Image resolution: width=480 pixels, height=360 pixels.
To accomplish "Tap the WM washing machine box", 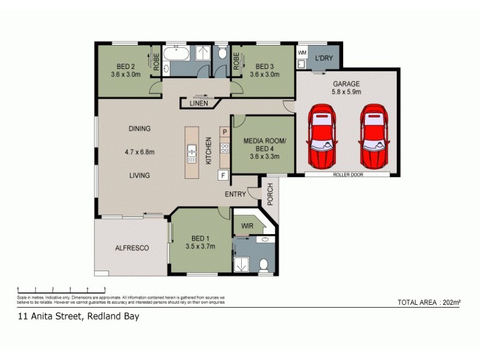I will pos(302,53).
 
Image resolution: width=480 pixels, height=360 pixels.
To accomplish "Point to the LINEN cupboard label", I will pos(199,103).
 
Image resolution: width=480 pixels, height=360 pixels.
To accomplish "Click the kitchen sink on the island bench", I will pos(192,154).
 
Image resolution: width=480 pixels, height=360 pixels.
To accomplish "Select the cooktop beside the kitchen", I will pos(224,148).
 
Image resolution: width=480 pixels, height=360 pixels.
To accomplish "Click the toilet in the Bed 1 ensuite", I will pos(263,264).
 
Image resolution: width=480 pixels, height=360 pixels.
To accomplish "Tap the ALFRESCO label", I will pos(132,247).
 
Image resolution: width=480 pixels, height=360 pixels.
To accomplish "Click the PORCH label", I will pos(270,193).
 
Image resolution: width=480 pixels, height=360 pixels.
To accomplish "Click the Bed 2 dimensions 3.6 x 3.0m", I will pos(125,75).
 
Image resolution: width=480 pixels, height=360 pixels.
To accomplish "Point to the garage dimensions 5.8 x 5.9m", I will pos(346,92).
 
